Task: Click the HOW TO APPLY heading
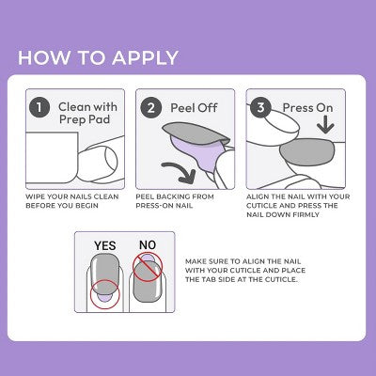point(98,57)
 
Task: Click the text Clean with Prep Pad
point(86,115)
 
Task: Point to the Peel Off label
point(192,108)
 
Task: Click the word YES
point(104,245)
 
